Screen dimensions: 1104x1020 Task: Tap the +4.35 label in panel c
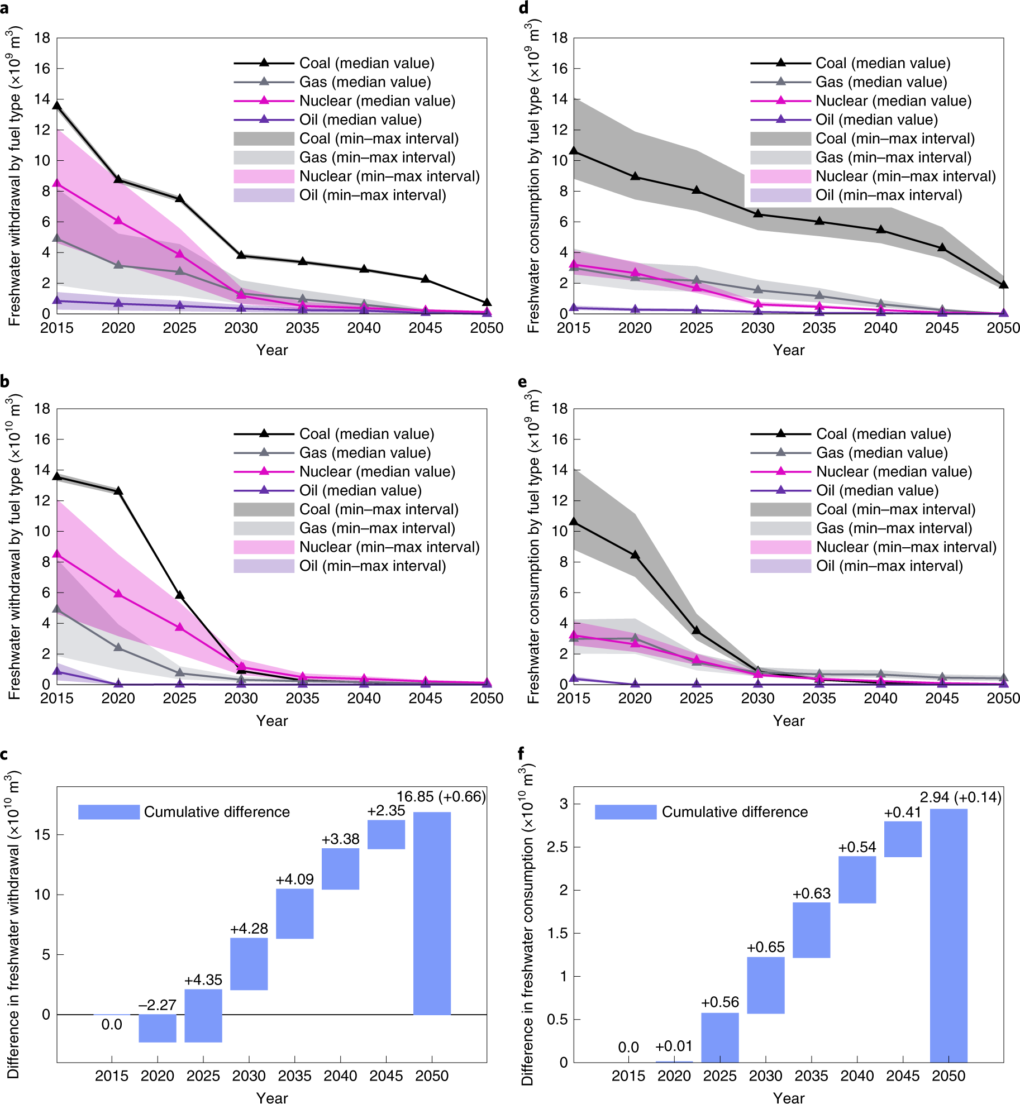tap(203, 979)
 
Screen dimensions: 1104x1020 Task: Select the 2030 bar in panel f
tap(765, 984)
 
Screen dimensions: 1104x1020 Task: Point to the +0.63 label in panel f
tap(811, 893)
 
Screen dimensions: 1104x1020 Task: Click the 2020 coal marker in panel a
tap(118, 179)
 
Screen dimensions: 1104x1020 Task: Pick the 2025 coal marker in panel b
tap(180, 595)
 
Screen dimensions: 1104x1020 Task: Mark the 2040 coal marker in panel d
tap(881, 230)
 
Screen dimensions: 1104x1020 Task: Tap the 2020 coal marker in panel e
tap(635, 555)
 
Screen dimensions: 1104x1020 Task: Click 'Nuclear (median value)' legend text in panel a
tap(377, 101)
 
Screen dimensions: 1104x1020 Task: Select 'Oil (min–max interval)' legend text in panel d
tap(889, 195)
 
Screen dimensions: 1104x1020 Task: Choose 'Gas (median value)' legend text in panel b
tap(365, 453)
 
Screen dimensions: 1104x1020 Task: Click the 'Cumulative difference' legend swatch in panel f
tap(625, 811)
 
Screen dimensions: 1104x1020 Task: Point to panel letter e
tap(522, 382)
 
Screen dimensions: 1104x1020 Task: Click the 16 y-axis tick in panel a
tap(42, 69)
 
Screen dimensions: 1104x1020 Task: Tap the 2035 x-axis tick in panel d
tap(819, 328)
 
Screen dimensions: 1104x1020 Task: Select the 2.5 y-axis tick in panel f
tap(556, 847)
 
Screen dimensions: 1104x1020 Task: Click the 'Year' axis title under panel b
tap(272, 720)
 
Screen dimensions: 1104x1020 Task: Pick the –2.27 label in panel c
tap(157, 1005)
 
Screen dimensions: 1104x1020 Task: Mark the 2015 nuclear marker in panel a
tap(57, 183)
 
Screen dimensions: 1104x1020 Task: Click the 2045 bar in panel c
tap(386, 834)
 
